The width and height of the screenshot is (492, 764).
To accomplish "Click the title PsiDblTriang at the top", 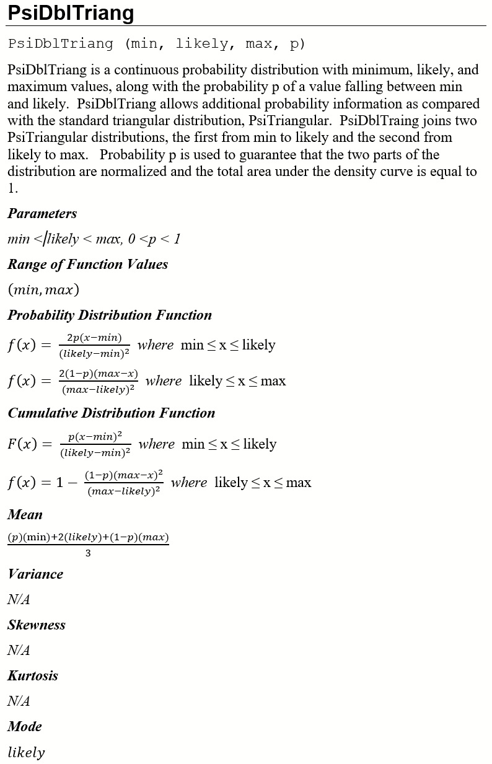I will (71, 13).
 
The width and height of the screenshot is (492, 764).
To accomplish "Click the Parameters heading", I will (42, 214).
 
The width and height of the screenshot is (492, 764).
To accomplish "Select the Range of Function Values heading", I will (87, 265).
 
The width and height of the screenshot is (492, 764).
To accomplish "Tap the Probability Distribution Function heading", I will (110, 315).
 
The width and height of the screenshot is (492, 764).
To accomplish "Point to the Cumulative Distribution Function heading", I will (112, 413).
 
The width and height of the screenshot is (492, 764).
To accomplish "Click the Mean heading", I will (25, 515).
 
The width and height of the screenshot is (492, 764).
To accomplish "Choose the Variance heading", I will (35, 574).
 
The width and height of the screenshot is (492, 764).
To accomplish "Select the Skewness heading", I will (37, 625).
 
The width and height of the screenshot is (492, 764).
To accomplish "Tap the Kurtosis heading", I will (33, 676).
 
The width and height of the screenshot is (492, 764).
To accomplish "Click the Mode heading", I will (25, 727).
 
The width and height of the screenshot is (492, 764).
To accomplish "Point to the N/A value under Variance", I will (19, 600).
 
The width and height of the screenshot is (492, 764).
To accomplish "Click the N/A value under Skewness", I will (19, 651).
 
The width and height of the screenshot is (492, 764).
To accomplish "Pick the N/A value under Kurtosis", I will (19, 701).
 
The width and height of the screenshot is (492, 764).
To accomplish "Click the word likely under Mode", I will (26, 753).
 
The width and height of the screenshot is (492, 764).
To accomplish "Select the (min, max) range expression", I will (43, 290).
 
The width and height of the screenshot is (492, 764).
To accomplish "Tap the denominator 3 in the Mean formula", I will (88, 554).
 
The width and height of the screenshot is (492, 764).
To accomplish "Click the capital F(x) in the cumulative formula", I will (22, 444).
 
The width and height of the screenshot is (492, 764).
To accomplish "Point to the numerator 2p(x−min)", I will (94, 338).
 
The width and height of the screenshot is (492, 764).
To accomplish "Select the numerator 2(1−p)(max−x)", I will (98, 374).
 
